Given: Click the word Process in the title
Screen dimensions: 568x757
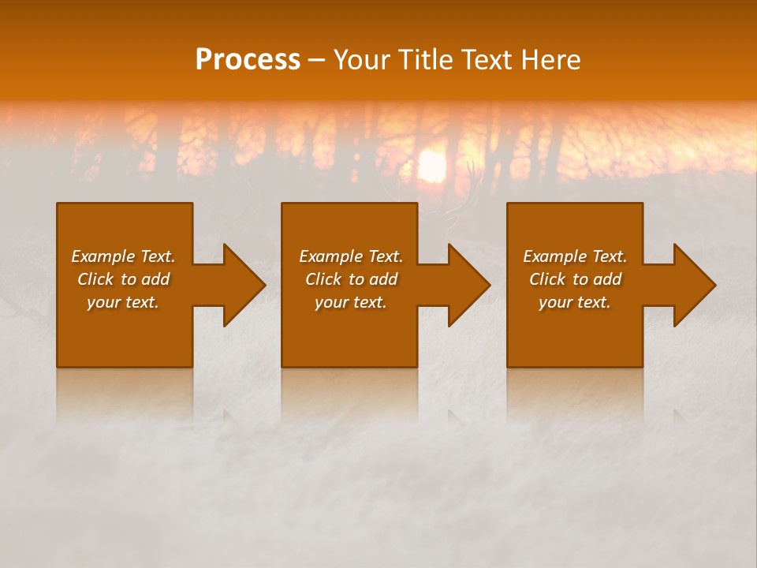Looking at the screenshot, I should tap(248, 60).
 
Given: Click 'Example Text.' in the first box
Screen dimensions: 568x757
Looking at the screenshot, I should tap(123, 256).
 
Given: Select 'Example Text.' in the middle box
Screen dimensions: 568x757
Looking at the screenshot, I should tap(351, 256).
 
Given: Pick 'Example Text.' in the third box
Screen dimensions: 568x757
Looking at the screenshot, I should tap(575, 256).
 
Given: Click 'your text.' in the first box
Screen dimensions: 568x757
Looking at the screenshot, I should tap(123, 302).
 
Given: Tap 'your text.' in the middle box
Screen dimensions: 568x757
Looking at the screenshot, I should tap(351, 302).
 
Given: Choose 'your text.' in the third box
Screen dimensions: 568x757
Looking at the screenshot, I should tap(575, 302).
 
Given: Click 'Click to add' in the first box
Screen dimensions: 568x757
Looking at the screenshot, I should tap(123, 279).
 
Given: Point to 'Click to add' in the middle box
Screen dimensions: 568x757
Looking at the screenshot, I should tap(351, 279).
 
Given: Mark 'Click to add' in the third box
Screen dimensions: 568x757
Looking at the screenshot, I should tap(575, 279).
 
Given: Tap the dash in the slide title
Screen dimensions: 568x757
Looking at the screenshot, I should tap(316, 61).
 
